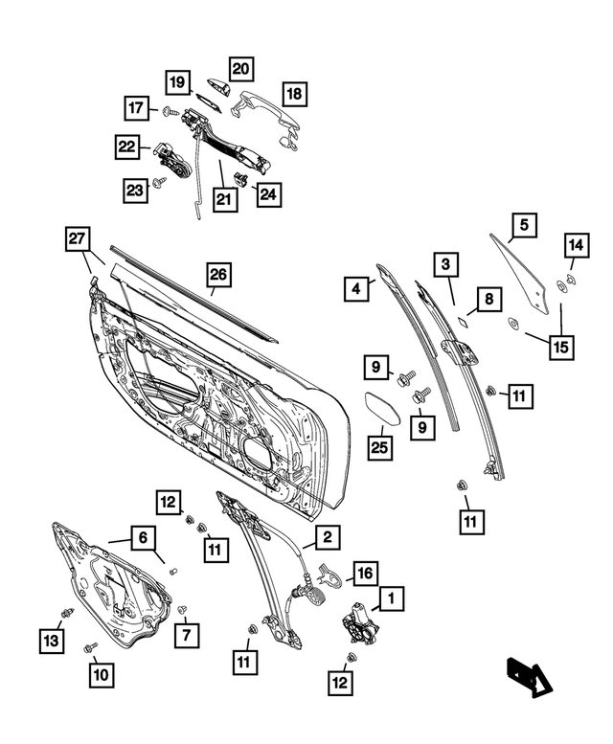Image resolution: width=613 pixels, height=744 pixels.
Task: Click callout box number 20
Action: click(x=240, y=68)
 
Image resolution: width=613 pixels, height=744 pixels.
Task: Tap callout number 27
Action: click(x=79, y=238)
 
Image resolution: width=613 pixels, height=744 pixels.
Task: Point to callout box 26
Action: click(x=218, y=275)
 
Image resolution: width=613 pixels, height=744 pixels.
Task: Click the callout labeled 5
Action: click(x=523, y=226)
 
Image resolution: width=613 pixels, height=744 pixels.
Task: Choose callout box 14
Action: click(x=575, y=246)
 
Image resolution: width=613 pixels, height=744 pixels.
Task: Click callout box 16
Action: click(x=365, y=574)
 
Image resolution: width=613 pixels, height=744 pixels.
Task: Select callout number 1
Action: click(x=391, y=599)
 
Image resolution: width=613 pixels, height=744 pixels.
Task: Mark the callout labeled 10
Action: click(x=102, y=674)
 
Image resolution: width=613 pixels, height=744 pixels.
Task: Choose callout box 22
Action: click(x=127, y=147)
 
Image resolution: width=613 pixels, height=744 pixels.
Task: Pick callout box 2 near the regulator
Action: click(x=327, y=538)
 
